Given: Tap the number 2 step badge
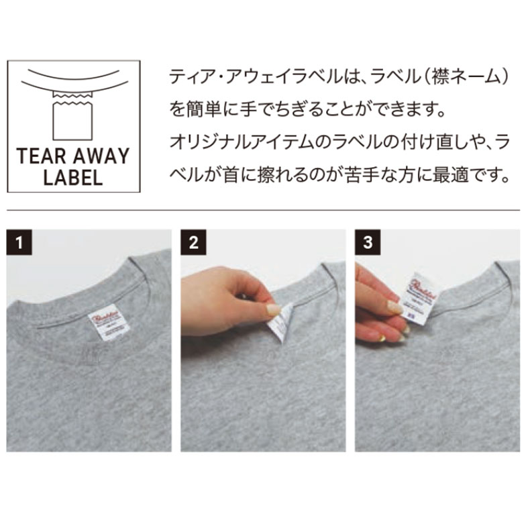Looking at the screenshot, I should (194, 242).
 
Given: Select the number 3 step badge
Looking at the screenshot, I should (367, 242).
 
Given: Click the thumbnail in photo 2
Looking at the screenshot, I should (272, 310).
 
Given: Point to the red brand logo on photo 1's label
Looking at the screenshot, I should (104, 316).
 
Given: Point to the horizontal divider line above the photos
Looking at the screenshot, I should (265, 211).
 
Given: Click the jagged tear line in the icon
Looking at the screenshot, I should (72, 99).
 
